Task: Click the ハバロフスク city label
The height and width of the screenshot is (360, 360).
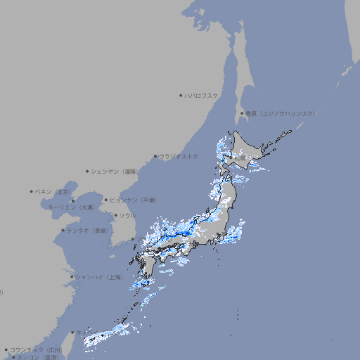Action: pyautogui.click(x=201, y=95)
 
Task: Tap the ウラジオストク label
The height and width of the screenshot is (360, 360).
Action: pyautogui.click(x=178, y=156)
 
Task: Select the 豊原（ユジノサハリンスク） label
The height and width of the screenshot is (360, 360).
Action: pyautogui.click(x=280, y=113)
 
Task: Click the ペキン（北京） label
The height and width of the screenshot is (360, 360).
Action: pyautogui.click(x=53, y=191)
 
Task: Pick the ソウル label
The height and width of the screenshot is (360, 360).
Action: pyautogui.click(x=127, y=215)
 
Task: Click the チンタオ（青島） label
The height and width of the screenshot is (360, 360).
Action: pyautogui.click(x=87, y=230)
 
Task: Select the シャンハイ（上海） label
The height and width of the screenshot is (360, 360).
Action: pyautogui.click(x=98, y=277)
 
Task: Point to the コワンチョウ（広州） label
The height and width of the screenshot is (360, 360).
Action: pyautogui.click(x=35, y=349)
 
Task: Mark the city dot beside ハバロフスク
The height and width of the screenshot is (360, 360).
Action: pyautogui.click(x=181, y=95)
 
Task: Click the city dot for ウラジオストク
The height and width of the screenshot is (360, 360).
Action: pyautogui.click(x=155, y=156)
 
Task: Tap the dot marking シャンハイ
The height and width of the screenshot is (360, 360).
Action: pyautogui.click(x=72, y=277)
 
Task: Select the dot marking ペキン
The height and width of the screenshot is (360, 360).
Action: pyautogui.click(x=32, y=191)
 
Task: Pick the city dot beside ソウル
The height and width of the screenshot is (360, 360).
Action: pyautogui.click(x=115, y=215)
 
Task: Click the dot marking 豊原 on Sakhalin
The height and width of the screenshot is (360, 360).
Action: pyautogui.click(x=242, y=113)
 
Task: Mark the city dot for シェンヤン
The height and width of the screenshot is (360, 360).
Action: pyautogui.click(x=87, y=171)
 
